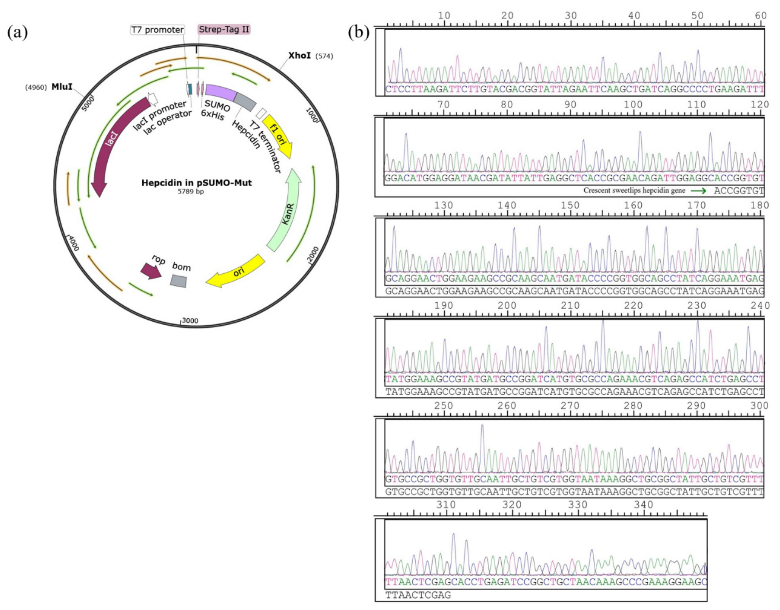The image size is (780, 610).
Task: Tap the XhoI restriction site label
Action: [x=300, y=56]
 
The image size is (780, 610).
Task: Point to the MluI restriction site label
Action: [x=62, y=87]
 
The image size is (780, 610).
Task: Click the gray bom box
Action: [x=178, y=280]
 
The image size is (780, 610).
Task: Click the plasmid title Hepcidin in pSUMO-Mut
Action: [x=197, y=183]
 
